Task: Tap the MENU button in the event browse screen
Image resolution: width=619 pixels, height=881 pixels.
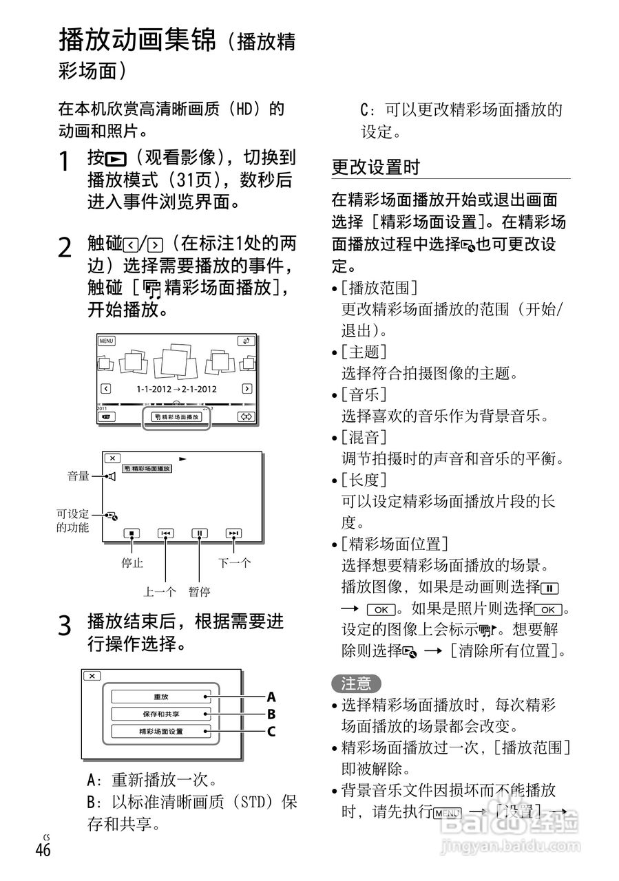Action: [106, 341]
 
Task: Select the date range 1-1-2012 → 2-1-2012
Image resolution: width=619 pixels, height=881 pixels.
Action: [176, 389]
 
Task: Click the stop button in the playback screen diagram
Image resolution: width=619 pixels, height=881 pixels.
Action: [131, 533]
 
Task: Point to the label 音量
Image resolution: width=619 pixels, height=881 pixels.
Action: [78, 476]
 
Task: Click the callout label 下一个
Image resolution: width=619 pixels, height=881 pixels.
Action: [235, 563]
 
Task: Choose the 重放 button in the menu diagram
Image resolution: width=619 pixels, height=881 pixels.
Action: [160, 697]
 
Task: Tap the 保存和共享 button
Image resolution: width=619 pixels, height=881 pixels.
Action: [160, 714]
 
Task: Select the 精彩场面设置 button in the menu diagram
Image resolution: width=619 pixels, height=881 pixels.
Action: [160, 731]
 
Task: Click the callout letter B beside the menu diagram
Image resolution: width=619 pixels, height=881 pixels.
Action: [271, 714]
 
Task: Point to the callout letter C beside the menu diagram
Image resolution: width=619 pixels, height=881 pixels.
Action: [271, 732]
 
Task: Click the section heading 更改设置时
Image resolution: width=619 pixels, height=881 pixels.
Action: [375, 167]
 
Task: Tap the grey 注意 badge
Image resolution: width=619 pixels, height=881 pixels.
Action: [356, 683]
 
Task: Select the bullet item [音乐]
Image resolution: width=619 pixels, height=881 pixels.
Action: [364, 395]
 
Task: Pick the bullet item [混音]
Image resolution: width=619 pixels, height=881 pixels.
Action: [364, 437]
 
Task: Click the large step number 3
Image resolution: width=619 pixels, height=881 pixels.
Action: [65, 626]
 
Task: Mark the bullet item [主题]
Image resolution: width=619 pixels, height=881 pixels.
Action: [364, 352]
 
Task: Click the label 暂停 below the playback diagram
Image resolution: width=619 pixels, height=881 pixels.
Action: [200, 591]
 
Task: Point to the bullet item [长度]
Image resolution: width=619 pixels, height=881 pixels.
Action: [364, 479]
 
